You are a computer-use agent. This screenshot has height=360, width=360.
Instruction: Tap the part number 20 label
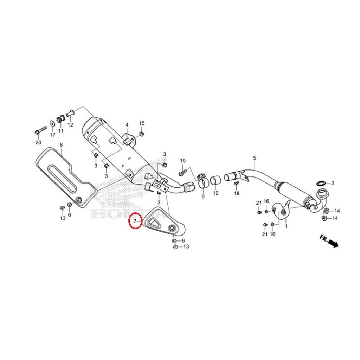point(38,143)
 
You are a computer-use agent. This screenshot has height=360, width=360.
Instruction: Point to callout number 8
point(61,145)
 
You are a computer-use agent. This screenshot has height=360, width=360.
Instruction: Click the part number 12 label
point(70,125)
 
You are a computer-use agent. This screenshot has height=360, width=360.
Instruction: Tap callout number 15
point(142,123)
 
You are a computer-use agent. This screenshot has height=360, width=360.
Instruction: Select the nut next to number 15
point(142,134)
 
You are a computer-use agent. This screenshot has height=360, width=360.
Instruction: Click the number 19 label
point(183,161)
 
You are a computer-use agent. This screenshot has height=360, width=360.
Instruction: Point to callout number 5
point(255,158)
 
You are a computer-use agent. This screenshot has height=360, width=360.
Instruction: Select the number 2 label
point(333,184)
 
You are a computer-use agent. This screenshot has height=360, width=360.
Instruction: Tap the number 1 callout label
point(286,226)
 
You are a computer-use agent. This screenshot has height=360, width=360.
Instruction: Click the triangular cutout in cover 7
point(153,221)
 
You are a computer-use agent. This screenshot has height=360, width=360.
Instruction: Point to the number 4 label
point(127,125)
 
